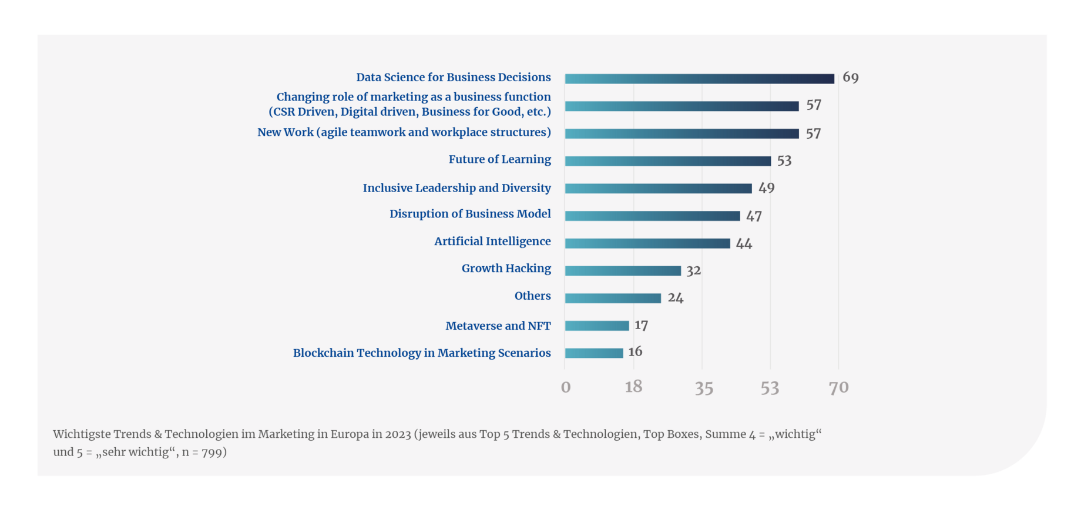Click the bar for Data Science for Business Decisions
(x=699, y=79)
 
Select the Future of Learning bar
(x=667, y=161)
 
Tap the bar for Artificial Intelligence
(x=647, y=243)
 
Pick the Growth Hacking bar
(x=623, y=271)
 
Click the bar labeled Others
(x=613, y=298)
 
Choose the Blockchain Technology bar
(x=594, y=353)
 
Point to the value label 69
(x=850, y=78)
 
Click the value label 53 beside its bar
(x=784, y=160)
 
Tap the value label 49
(x=766, y=188)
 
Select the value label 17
(x=641, y=325)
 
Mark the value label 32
(x=693, y=270)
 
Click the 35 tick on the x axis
(x=704, y=388)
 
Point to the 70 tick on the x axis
(x=838, y=388)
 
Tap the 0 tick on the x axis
(x=566, y=388)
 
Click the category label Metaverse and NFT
(x=498, y=326)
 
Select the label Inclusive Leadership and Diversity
(x=456, y=188)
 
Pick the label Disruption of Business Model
(x=470, y=214)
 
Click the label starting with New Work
(x=404, y=132)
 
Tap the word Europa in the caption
(x=350, y=434)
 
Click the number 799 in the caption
(x=211, y=452)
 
